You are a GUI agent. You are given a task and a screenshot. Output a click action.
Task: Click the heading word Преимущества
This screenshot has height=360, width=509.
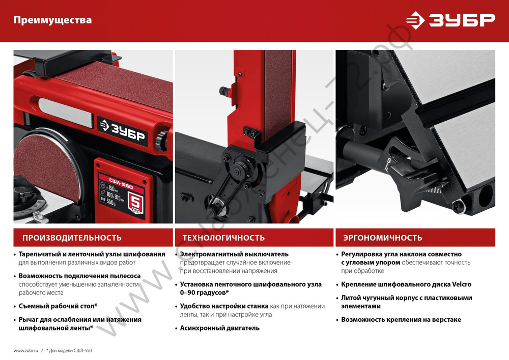(x=52, y=20)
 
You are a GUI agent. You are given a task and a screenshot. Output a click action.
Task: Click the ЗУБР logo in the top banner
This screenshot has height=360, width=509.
(x=450, y=20)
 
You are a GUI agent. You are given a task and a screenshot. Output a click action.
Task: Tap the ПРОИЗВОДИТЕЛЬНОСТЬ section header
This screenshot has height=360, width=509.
(x=72, y=238)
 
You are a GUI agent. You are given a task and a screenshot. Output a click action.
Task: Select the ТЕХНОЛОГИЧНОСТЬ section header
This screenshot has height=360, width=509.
(x=223, y=238)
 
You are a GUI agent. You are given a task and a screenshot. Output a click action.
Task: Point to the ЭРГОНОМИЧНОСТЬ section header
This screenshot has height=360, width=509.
(x=382, y=238)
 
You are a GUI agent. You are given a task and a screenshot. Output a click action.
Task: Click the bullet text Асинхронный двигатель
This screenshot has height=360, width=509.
(x=219, y=328)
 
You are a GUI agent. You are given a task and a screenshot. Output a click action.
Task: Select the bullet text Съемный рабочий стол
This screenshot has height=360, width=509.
(x=58, y=306)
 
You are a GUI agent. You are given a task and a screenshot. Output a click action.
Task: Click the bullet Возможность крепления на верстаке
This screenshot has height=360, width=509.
(x=401, y=320)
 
